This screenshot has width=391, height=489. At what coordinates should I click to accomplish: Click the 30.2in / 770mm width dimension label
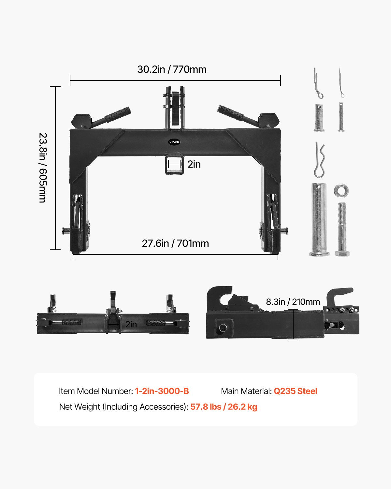coord(172,69)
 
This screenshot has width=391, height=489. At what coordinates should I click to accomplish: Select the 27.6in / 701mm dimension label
coord(175,244)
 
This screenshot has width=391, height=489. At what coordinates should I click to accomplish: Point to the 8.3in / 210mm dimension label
coord(293,302)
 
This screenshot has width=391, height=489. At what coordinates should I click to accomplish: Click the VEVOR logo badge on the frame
coord(174,142)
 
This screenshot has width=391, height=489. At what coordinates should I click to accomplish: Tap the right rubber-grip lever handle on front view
coord(231,113)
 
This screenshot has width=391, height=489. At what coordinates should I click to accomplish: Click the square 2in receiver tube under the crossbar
coord(174,165)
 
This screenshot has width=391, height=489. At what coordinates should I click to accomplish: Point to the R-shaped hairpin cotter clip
coord(319,160)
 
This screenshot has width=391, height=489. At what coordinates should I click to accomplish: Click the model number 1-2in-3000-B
coord(162,391)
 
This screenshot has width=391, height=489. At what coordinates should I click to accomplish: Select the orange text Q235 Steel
coord(295,391)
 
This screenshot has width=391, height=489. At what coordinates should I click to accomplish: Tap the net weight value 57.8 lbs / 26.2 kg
coord(224,407)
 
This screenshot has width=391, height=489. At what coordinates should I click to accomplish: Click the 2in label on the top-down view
coord(131,324)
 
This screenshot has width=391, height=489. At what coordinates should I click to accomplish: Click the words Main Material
coord(246,391)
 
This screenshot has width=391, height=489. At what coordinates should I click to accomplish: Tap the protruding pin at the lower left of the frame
coord(66,231)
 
